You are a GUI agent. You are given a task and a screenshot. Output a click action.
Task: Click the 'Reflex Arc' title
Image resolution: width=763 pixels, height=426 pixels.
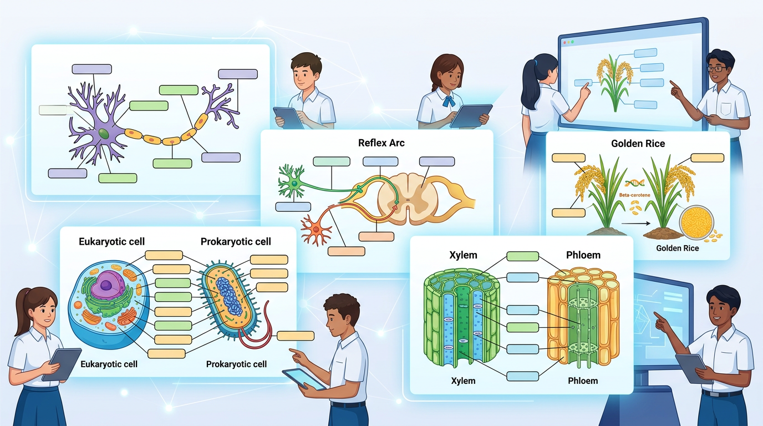381,143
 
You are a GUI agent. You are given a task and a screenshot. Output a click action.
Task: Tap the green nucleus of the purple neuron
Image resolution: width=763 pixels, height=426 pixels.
103,133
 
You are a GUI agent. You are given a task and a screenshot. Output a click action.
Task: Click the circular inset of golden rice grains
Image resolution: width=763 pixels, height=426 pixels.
696,223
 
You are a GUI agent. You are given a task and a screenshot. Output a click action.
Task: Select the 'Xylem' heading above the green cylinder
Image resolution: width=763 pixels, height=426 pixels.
463,255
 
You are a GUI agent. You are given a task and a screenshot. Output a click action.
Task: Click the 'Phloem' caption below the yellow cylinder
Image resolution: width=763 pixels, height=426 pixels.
582,381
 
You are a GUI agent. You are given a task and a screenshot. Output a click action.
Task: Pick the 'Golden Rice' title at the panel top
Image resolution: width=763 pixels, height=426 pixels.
638,144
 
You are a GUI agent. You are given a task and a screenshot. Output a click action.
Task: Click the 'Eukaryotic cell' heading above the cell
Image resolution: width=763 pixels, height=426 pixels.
111,242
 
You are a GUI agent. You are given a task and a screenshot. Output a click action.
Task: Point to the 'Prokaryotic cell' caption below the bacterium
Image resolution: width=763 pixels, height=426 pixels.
236,364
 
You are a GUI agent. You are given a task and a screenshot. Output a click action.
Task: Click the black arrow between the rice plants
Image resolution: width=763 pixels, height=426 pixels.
635,224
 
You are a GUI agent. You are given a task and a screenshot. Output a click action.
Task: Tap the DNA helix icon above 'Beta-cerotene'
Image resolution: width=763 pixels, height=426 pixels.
634,184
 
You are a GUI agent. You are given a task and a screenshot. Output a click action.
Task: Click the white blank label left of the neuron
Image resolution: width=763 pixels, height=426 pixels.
53,110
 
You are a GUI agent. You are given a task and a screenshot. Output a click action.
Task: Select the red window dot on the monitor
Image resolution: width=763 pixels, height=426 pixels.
564,42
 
